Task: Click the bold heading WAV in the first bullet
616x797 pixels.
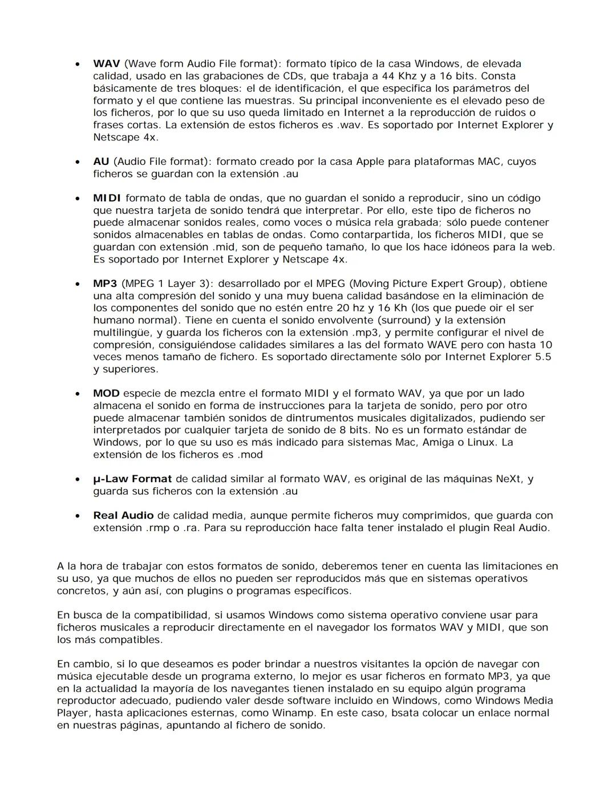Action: pos(106,64)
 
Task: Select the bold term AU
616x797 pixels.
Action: pos(101,161)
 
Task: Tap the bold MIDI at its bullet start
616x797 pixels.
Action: pos(107,198)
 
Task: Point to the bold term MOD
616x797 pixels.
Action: pos(106,393)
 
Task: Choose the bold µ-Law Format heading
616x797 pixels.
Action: pos(132,479)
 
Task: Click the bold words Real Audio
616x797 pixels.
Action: pos(123,515)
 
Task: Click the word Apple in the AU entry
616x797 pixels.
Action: pos(370,161)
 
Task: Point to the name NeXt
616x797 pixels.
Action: pos(507,479)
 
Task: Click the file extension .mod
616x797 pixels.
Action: pos(250,455)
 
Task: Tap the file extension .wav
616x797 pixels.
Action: pos(348,125)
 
